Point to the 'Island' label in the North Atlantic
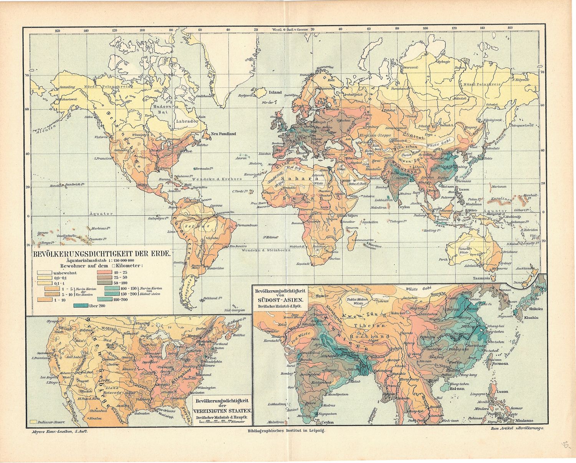275,92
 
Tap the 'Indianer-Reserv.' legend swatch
34,421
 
